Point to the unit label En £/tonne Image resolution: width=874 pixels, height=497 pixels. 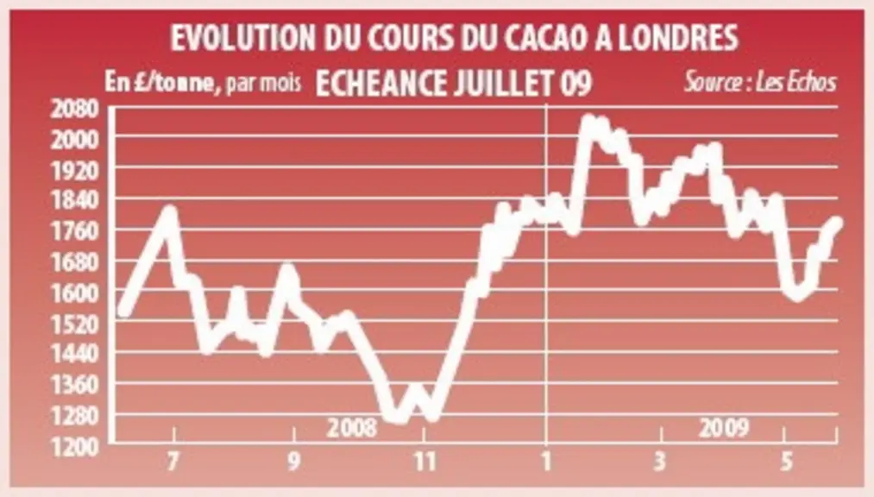coord(160,83)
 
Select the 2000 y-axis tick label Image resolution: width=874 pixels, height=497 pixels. coord(75,140)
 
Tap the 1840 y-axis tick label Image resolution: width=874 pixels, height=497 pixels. coord(75,201)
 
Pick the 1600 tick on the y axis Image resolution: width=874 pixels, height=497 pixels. coord(75,293)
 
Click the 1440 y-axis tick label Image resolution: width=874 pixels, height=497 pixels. coord(75,355)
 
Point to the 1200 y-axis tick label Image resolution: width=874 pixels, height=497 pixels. coord(75,448)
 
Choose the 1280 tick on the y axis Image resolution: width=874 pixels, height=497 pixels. coord(75,416)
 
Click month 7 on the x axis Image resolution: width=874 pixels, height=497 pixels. coord(174,462)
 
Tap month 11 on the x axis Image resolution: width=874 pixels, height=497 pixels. coord(424,462)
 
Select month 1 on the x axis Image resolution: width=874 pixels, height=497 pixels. coord(546,462)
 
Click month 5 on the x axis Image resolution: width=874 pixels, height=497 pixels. coord(786,462)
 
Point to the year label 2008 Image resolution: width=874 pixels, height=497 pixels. coord(352,428)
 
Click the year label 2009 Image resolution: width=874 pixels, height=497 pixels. coord(724,428)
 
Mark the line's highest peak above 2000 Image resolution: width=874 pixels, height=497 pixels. coord(588,120)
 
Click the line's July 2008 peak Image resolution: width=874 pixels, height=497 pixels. coord(170,211)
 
